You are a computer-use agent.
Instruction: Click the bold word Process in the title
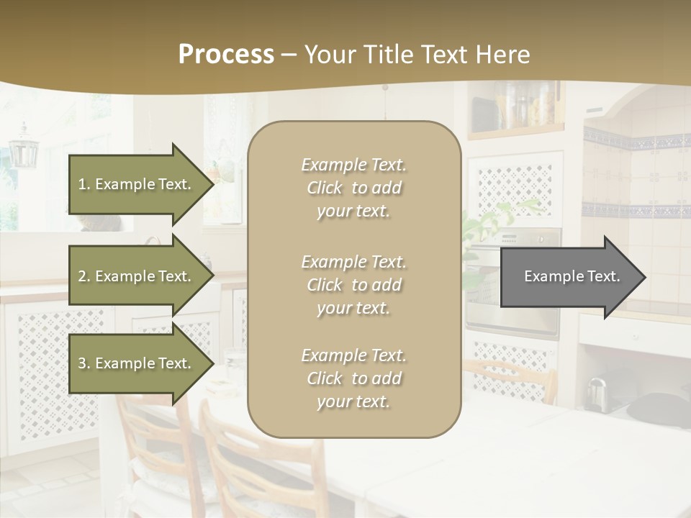point(226,55)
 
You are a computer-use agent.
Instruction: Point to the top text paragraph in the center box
point(353,188)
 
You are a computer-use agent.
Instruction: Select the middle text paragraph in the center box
point(353,285)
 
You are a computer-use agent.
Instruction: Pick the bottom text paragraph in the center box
point(353,378)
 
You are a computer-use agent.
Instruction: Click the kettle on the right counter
point(596,393)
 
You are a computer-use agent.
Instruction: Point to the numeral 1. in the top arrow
point(84,184)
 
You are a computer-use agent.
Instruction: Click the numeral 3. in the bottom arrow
point(84,363)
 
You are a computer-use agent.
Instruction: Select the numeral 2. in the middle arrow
point(84,276)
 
